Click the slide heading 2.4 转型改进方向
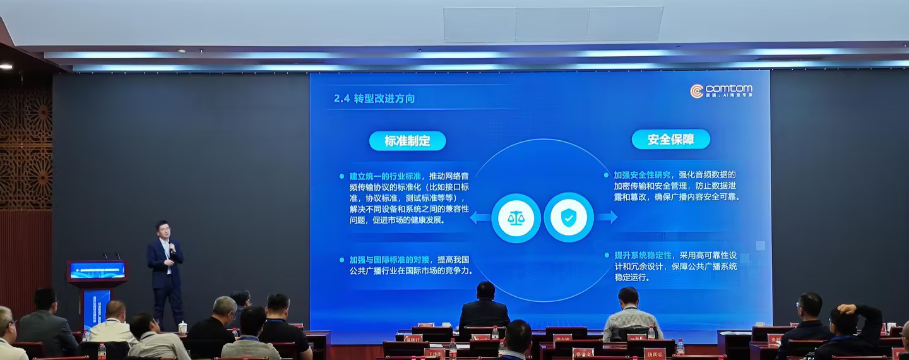pos(374,99)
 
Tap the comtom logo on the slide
pos(721,92)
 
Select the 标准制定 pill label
pos(407,141)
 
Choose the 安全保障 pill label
pos(670,139)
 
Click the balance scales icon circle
pos(516,218)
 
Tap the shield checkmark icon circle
pos(569,218)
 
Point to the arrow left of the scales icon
pos(480,218)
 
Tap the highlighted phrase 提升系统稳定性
pos(642,255)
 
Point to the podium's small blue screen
pos(97,270)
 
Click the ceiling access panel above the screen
pos(553,25)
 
